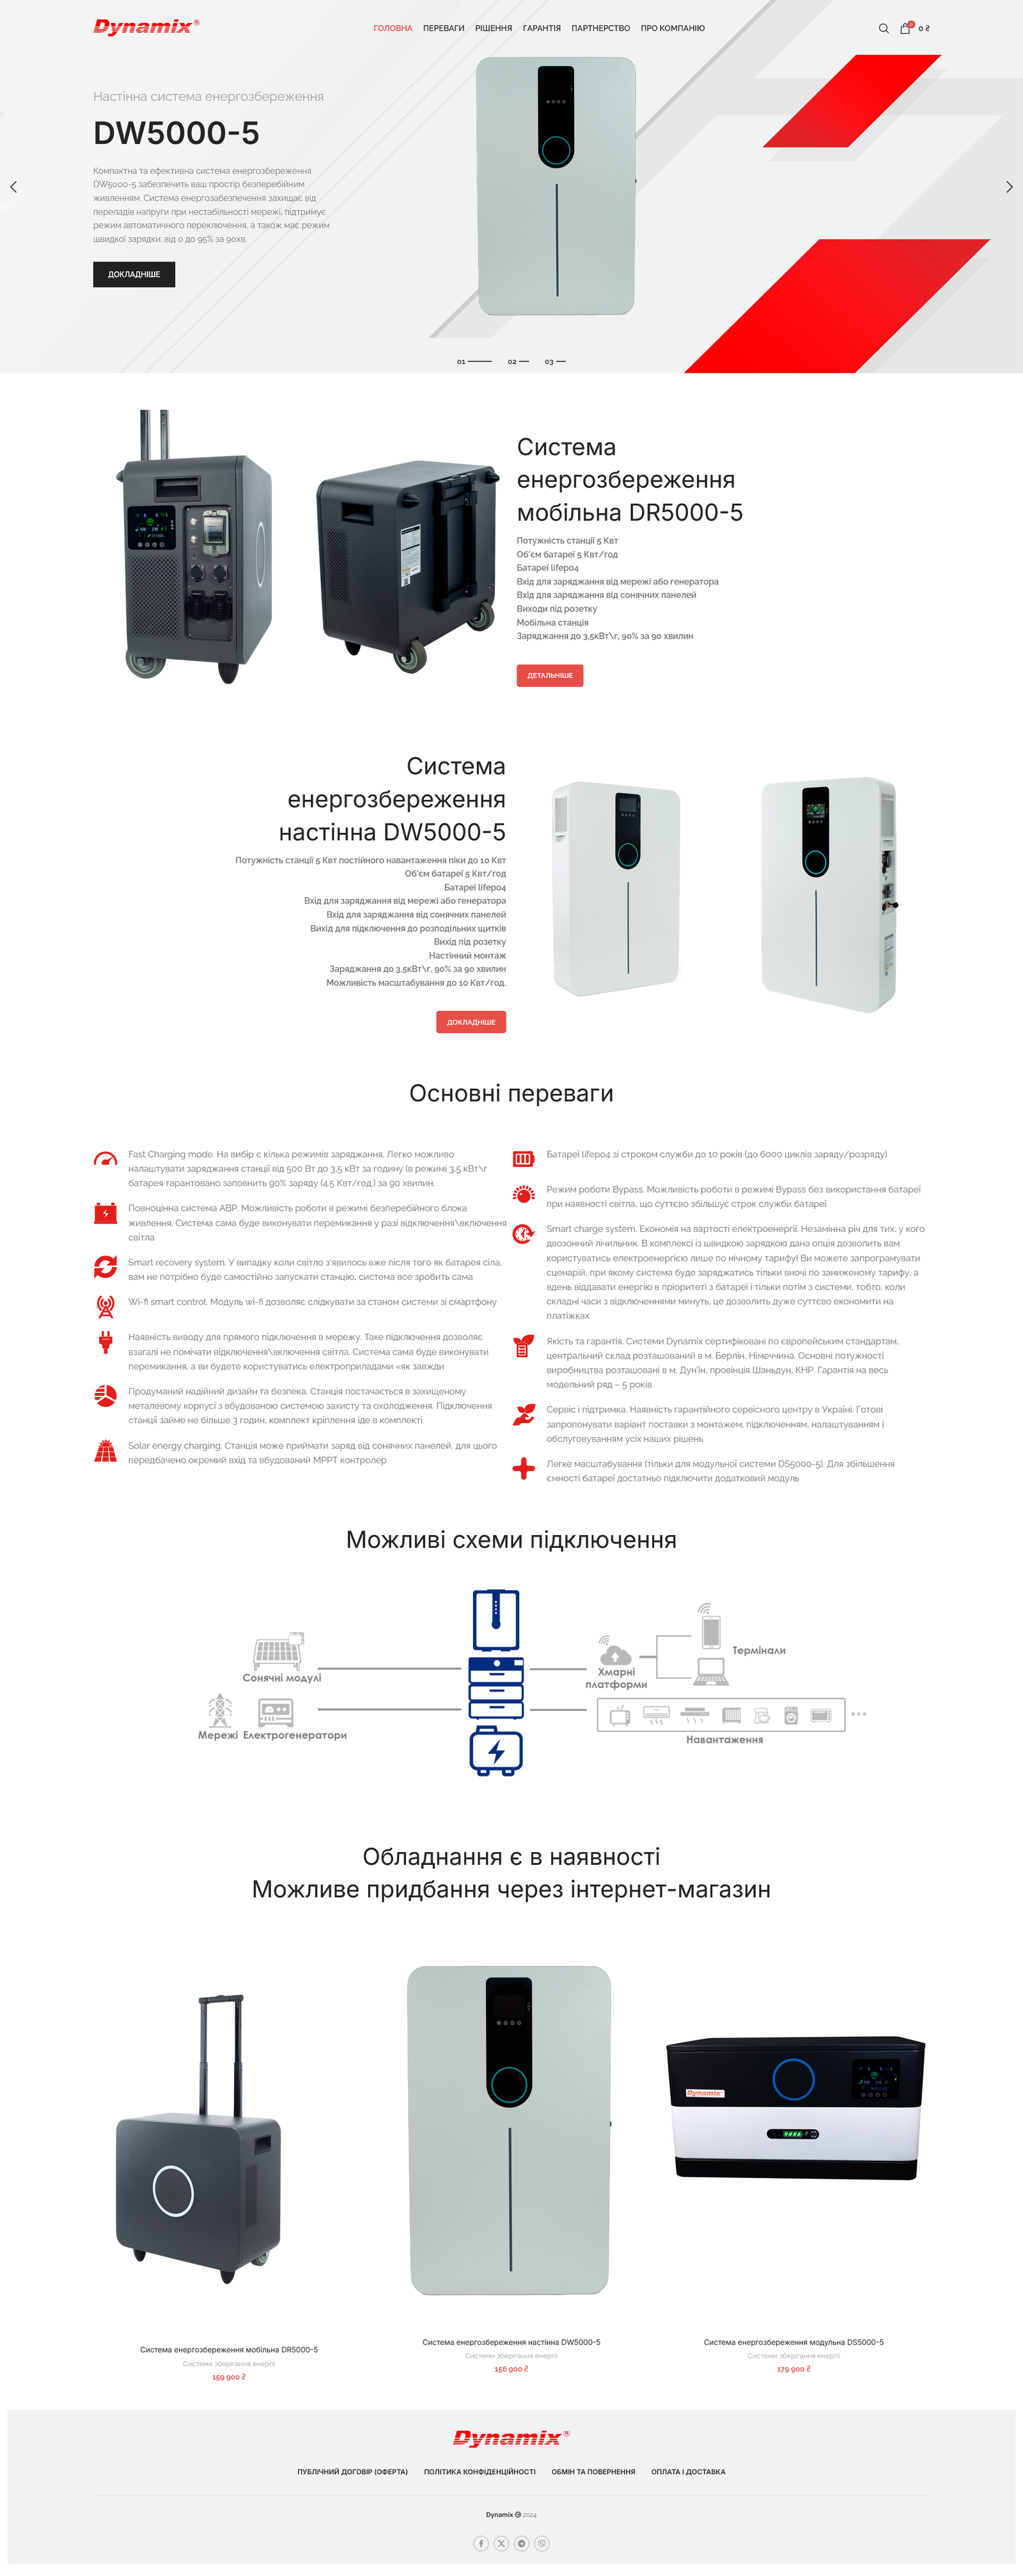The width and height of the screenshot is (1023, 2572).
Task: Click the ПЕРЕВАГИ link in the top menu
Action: tap(443, 28)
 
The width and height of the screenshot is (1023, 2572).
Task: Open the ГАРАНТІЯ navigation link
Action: tap(541, 28)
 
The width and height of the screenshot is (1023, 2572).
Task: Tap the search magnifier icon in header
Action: tap(883, 28)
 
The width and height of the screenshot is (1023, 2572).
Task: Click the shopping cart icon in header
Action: tap(905, 28)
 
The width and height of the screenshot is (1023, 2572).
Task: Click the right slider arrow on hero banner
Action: tap(1009, 187)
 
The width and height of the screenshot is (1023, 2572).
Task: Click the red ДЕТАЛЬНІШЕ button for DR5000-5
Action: tap(549, 675)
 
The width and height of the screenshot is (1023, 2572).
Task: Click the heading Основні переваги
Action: tap(511, 1093)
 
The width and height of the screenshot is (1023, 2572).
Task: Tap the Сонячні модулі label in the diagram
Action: tap(283, 1678)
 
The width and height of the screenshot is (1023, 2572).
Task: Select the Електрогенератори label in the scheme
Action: tap(294, 1735)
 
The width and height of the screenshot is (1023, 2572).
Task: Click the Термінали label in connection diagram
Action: tap(758, 1651)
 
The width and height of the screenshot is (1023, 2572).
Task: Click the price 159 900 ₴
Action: tap(228, 2376)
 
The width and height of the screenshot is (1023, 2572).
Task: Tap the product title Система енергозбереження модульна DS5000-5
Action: tap(793, 2341)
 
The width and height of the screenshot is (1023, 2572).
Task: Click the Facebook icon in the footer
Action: tap(481, 2543)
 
